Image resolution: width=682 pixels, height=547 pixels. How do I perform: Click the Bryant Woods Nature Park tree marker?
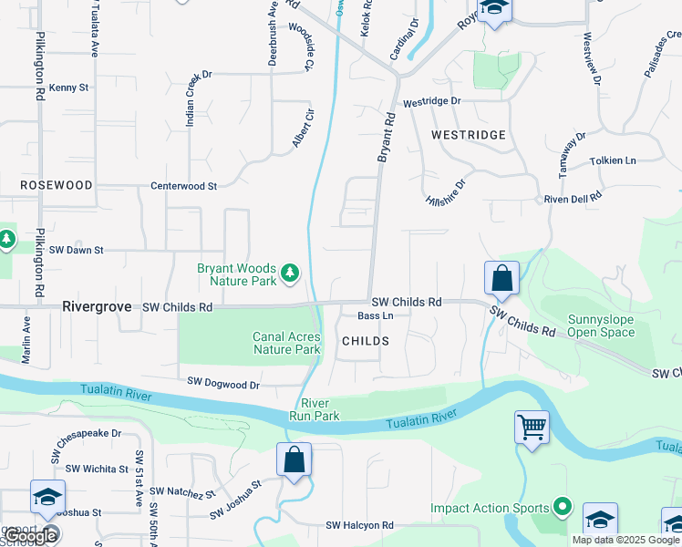coord(290,273)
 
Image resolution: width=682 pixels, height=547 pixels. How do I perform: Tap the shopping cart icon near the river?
coord(532,426)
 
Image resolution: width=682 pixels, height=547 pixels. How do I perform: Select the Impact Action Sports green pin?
coord(563,508)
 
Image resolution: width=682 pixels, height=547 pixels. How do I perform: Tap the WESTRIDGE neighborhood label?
coord(468,135)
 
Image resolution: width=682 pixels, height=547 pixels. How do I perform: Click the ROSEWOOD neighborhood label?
coord(57,185)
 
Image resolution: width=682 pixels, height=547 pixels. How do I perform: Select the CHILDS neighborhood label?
coord(366,341)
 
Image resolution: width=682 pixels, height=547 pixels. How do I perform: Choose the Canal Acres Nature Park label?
coord(286,343)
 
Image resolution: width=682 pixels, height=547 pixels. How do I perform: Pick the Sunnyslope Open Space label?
coord(601,325)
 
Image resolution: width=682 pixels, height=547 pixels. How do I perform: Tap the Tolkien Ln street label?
coord(613,160)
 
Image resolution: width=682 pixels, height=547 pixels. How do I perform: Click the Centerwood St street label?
coord(183,186)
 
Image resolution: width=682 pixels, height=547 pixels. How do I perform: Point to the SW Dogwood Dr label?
coord(223,384)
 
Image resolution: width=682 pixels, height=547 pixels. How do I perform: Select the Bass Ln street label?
coord(375,316)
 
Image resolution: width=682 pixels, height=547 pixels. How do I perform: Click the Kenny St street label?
coord(68,88)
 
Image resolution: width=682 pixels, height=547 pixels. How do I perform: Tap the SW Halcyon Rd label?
coord(359,526)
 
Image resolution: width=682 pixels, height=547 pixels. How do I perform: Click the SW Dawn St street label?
coord(77,250)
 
